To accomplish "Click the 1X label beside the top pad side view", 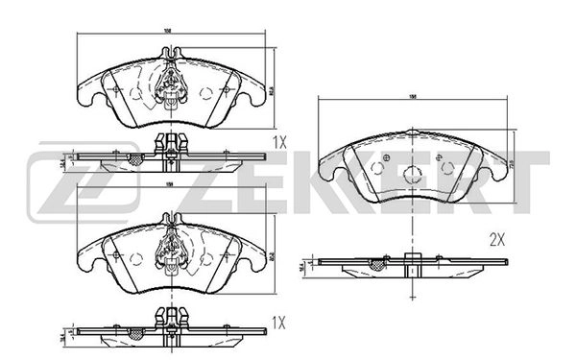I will [x=279, y=141].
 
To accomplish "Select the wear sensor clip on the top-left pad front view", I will [x=170, y=85].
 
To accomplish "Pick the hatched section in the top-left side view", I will [x=134, y=158].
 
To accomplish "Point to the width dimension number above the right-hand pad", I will [x=413, y=97].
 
